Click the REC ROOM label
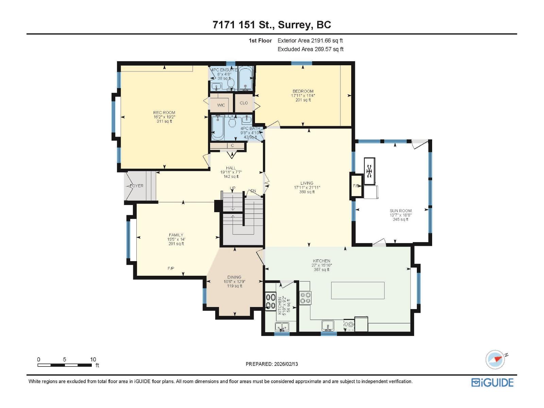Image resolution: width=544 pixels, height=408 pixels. [164, 113]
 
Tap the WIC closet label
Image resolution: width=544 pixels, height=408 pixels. [221, 105]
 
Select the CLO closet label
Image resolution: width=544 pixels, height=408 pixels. [244, 103]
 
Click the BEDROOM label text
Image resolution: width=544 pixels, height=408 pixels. [303, 91]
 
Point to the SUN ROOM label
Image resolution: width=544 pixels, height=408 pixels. [401, 211]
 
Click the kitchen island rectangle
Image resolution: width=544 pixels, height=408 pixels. [358, 290]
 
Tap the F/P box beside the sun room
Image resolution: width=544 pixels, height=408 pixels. [356, 186]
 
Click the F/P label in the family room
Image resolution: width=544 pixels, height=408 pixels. [171, 269]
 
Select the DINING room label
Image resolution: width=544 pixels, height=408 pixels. [234, 277]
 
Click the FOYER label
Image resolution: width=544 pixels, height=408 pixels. [137, 186]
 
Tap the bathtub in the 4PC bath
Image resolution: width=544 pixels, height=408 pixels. [218, 128]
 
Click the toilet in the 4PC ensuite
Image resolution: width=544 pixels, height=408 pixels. [231, 82]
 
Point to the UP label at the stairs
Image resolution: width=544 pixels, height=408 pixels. [233, 188]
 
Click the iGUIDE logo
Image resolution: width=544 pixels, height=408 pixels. [492, 382]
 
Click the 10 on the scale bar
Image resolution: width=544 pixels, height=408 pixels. [93, 359]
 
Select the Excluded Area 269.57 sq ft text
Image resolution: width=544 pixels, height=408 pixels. [310, 49]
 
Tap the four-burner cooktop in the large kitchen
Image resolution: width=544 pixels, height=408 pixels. [305, 298]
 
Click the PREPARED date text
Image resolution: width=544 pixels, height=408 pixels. [272, 364]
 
